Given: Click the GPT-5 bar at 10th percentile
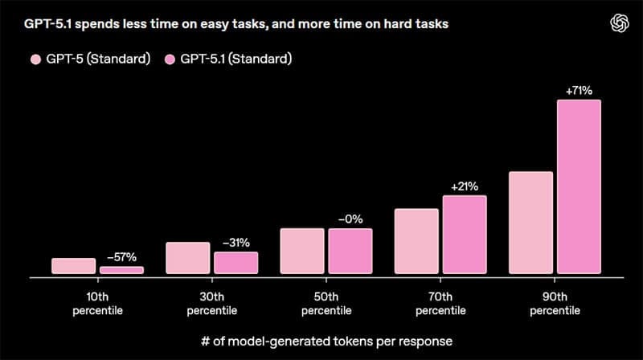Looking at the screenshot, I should tap(73, 266).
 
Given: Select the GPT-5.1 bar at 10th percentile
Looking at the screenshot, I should tap(121, 271).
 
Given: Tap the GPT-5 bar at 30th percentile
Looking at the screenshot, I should tap(187, 258).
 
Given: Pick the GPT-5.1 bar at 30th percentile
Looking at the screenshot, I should tap(235, 263).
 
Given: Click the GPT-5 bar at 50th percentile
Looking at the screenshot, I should tap(302, 252).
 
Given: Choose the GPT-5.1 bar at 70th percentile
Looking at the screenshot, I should tap(465, 235).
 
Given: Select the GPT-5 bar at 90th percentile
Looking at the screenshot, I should tap(530, 223).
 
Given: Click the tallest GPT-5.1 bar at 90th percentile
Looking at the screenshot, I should tap(579, 186).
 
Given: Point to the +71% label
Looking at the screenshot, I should tap(579, 91).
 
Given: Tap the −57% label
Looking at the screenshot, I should tap(121, 257).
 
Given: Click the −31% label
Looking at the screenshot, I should tap(235, 242).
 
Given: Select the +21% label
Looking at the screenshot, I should tap(465, 186).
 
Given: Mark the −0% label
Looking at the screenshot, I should tap(350, 219).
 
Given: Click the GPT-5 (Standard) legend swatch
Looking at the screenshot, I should tap(35, 59).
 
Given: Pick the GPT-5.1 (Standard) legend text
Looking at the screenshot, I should tap(235, 59).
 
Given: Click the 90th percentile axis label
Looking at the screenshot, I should tap(554, 302).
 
